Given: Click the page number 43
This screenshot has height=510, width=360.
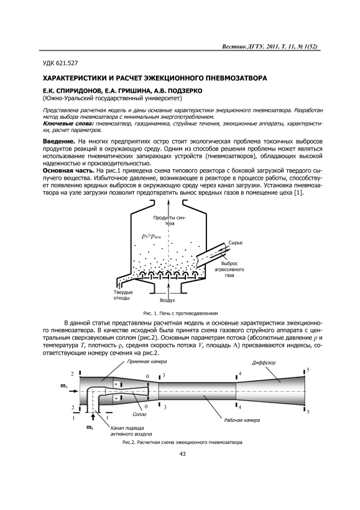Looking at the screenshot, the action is pos(182,454).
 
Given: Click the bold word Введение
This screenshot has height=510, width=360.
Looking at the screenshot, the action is pos(59,142).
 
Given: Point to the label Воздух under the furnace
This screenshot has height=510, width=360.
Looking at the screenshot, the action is pos(168,300).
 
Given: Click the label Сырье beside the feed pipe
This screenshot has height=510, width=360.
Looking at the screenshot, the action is pos(235,243).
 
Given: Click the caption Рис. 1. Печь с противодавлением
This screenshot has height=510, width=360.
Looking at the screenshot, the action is pos(180,313).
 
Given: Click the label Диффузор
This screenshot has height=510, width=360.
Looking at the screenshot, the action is pos(264,363).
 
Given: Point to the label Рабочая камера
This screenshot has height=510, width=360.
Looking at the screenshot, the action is pos(242,420).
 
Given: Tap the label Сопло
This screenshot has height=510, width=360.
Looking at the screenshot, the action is pos(139,414).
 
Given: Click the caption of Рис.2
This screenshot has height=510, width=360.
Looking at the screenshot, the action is pos(182,443).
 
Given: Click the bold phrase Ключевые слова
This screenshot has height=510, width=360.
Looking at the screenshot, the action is pos(68,124).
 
